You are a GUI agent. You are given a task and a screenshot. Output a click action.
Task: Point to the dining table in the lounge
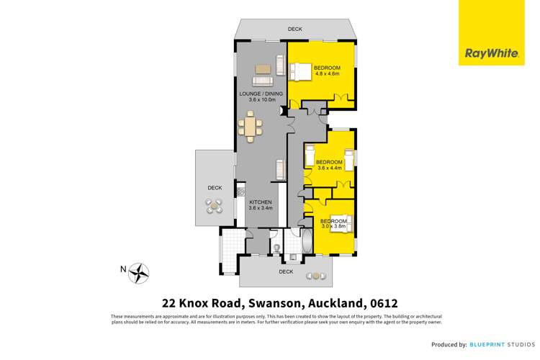[x=251, y=129]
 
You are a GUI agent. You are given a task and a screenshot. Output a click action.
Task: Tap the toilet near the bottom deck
[x=276, y=249]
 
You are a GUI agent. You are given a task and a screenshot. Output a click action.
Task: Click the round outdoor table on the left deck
[x=214, y=206]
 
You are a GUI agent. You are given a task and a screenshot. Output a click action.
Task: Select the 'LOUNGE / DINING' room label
[x=261, y=94]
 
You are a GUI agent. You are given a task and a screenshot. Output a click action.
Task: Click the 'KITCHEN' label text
[x=260, y=202]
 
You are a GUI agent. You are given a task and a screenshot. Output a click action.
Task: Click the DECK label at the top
[x=295, y=30]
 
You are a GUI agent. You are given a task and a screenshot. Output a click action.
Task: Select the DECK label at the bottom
[x=286, y=272]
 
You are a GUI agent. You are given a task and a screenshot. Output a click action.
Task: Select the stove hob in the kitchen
[x=242, y=192]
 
